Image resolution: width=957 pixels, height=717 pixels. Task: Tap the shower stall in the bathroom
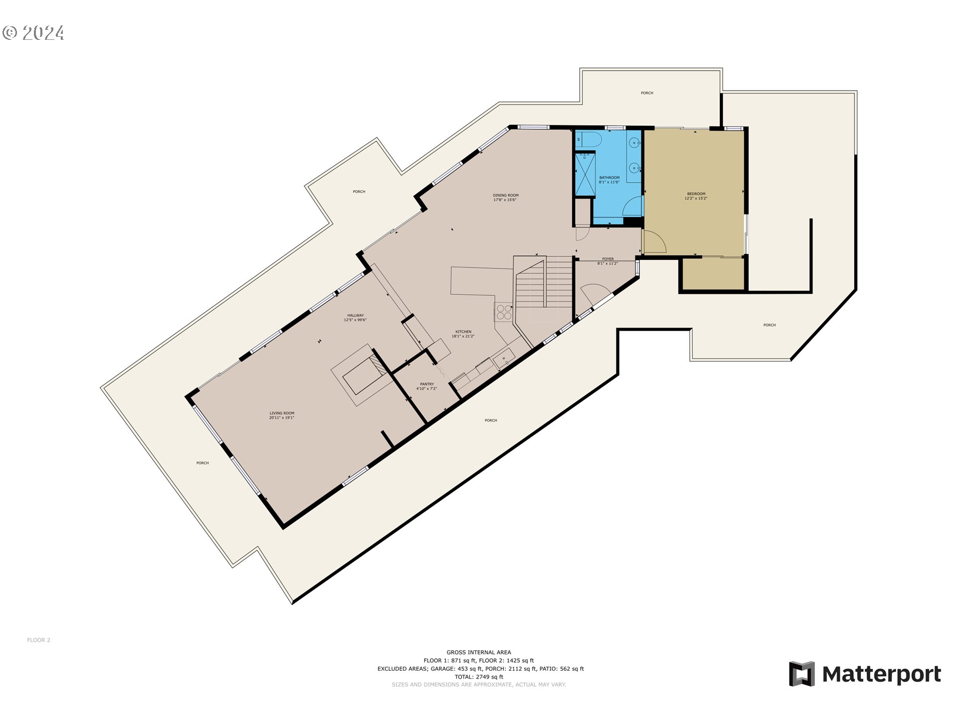pos(585,175)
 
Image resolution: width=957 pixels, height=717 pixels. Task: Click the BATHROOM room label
pos(609,180)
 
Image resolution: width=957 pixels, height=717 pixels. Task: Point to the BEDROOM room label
pos(696,196)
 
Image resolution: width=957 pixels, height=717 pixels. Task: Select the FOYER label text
pos(608,259)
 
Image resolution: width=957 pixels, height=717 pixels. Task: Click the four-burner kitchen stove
pos(504,312)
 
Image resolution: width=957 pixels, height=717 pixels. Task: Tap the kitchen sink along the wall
pos(504,358)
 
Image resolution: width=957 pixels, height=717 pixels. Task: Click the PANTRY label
pos(427,384)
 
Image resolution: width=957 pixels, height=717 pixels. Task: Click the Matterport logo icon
pos(801,674)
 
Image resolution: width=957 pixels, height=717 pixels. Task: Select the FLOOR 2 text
pos(38,640)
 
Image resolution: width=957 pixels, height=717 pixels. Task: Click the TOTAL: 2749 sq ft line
pos(478,677)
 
